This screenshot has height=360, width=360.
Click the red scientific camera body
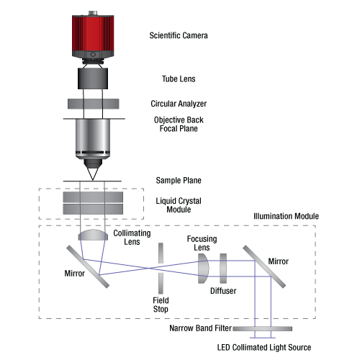pyautogui.click(x=93, y=36)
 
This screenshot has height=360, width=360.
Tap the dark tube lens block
pyautogui.click(x=93, y=78)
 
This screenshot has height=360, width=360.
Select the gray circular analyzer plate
pyautogui.click(x=94, y=104)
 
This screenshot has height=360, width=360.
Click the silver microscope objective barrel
pyautogui.click(x=93, y=138)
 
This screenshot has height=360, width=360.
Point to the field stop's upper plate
pyautogui.click(x=161, y=253)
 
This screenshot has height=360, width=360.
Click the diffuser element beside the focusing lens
pyautogui.click(x=223, y=269)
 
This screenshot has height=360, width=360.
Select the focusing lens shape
pyautogui.click(x=204, y=269)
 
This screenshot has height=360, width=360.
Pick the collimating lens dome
pyautogui.click(x=93, y=235)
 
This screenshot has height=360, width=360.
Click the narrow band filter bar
pyautogui.click(x=262, y=328)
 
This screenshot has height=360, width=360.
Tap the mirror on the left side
pyautogui.click(x=88, y=266)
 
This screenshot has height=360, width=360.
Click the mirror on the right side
pyautogui.click(x=264, y=266)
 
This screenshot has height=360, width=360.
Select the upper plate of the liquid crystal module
pyautogui.click(x=93, y=197)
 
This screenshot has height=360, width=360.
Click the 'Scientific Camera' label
pyautogui.click(x=179, y=35)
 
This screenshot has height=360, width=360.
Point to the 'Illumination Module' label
pyautogui.click(x=286, y=216)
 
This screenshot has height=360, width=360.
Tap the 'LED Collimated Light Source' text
pyautogui.click(x=264, y=347)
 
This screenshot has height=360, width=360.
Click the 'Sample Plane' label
pyautogui.click(x=179, y=181)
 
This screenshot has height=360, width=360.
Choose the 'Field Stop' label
pyautogui.click(x=161, y=305)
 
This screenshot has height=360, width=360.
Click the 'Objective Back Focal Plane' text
pyautogui.click(x=179, y=124)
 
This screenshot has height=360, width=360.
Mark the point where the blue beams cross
pyautogui.click(x=150, y=268)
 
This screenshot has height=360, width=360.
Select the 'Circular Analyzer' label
pyautogui.click(x=179, y=104)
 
